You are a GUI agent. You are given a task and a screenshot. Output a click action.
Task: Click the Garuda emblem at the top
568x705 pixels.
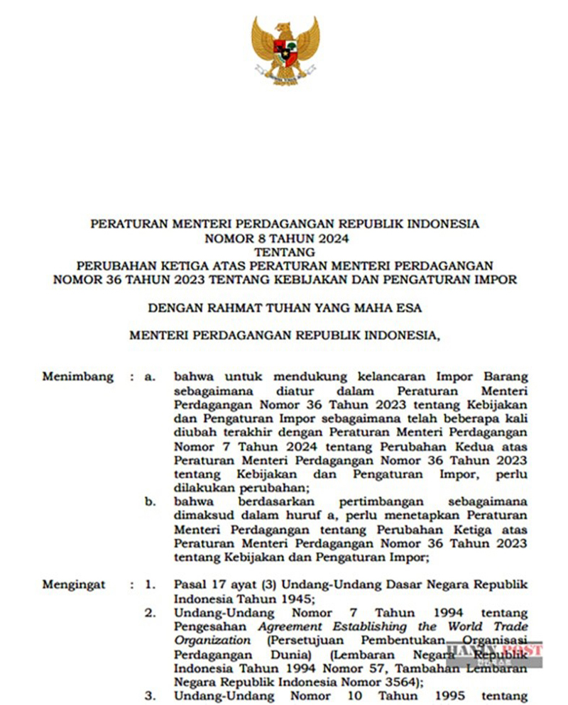285,50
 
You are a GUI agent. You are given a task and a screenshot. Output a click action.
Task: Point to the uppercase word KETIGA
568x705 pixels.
197,265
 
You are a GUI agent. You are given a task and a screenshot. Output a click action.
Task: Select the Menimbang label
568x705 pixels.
77,377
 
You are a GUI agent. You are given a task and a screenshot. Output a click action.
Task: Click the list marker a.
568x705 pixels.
150,377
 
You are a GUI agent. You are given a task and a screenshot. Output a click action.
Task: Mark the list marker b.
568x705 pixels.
150,501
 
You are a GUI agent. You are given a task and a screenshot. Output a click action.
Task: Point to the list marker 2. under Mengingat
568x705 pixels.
150,612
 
